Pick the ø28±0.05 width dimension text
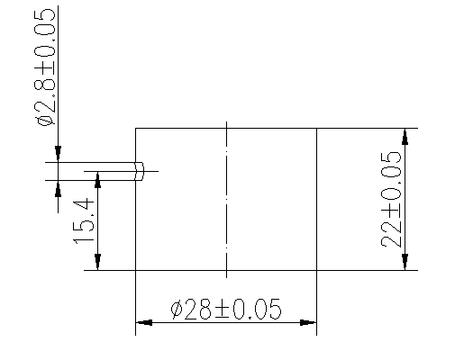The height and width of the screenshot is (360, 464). (225, 310)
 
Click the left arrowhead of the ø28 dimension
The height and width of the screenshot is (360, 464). (141, 322)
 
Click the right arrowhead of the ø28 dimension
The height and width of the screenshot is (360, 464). (310, 322)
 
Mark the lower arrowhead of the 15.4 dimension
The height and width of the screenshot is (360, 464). (97, 263)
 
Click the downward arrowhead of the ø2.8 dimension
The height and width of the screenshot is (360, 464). (59, 157)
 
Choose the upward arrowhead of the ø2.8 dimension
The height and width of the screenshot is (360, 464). (59, 187)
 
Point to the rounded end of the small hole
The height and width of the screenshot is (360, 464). (142, 171)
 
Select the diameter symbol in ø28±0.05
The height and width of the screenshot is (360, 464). (177, 310)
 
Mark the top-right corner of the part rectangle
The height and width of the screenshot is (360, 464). (316, 128)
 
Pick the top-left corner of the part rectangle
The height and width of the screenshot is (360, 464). (135, 128)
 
